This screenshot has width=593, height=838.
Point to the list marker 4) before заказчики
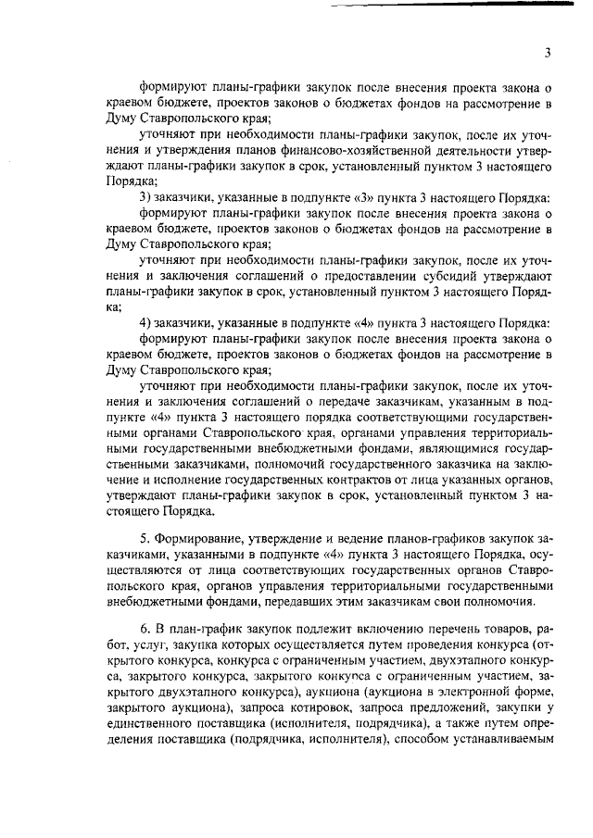pos(145,323)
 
